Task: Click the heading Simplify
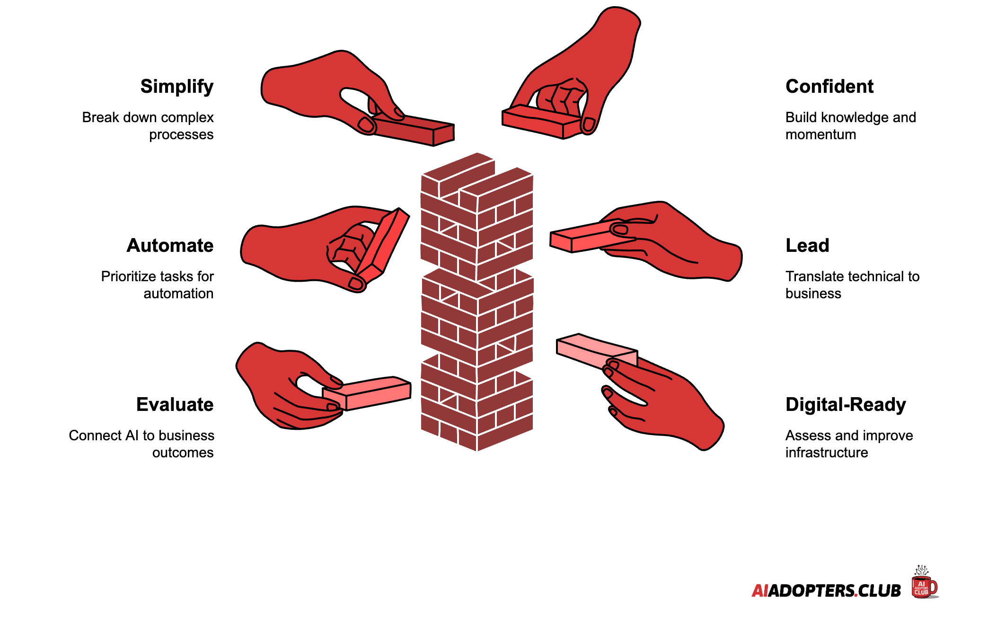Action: coord(177,87)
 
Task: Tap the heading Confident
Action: coord(829,87)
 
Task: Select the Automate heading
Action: coord(170,246)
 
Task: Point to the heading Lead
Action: coord(807,246)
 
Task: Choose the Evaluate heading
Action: coord(175,405)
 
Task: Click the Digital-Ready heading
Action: coord(846,405)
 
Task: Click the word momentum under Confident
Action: coord(821,135)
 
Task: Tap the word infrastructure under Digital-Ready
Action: coord(827,453)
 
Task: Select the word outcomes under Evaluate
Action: coord(183,453)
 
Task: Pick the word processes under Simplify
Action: coord(181,135)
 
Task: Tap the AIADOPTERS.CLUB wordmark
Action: coord(826,591)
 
